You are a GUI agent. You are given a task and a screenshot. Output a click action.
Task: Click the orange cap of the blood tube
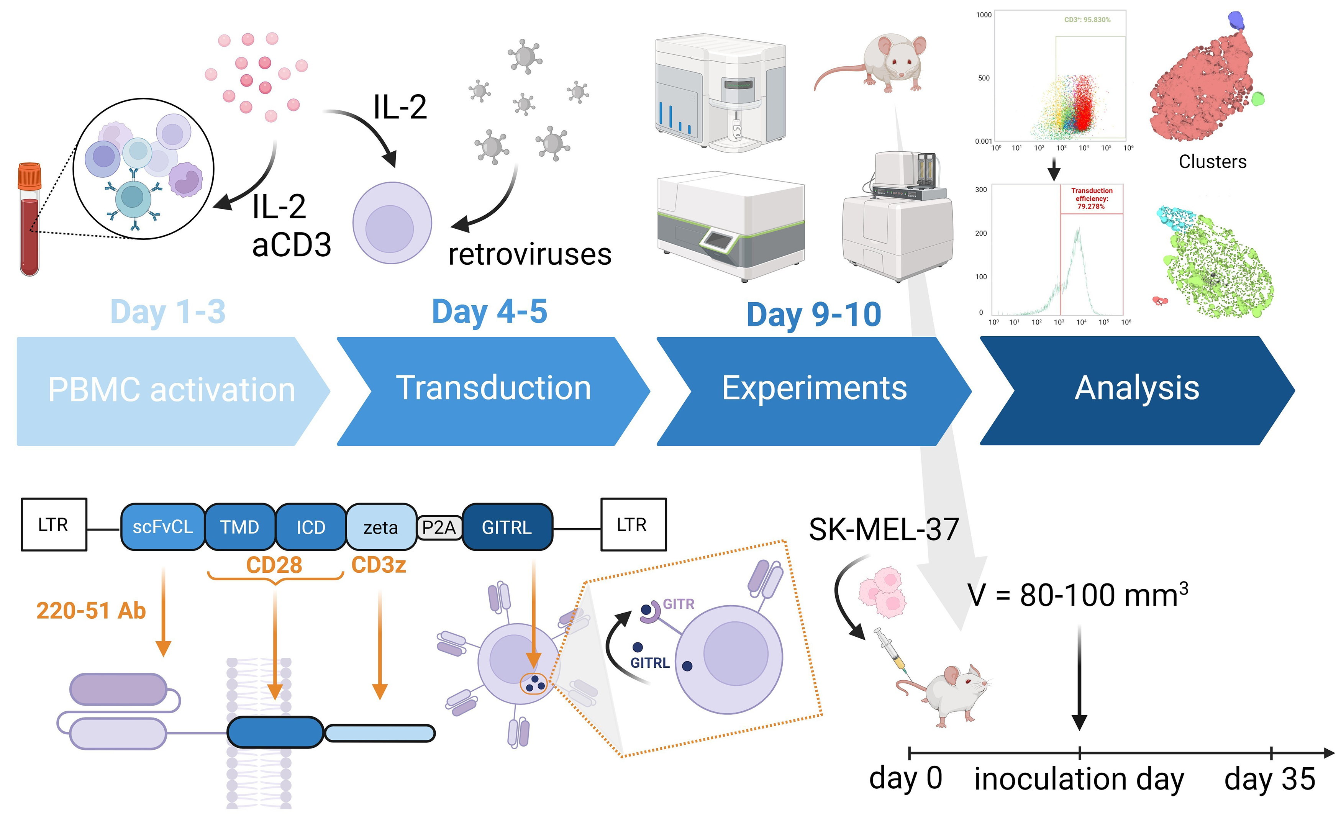point(30,175)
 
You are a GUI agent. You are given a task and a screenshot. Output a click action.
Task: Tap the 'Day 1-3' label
point(168,312)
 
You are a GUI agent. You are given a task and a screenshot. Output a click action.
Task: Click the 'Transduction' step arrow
point(493,389)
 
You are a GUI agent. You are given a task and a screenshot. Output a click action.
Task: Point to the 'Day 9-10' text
point(813,315)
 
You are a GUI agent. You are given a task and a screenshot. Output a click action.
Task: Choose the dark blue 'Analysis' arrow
point(1137,389)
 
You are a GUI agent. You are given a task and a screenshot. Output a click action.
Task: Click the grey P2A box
point(439,527)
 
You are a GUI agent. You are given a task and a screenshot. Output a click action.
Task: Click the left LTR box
point(53,524)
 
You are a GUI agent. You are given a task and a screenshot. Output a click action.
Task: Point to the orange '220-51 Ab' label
point(91,610)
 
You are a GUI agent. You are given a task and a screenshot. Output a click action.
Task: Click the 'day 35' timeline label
point(1270,779)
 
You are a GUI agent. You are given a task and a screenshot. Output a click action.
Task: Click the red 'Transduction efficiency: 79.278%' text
point(1092,198)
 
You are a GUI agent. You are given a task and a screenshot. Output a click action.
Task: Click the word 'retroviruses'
point(530,254)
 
